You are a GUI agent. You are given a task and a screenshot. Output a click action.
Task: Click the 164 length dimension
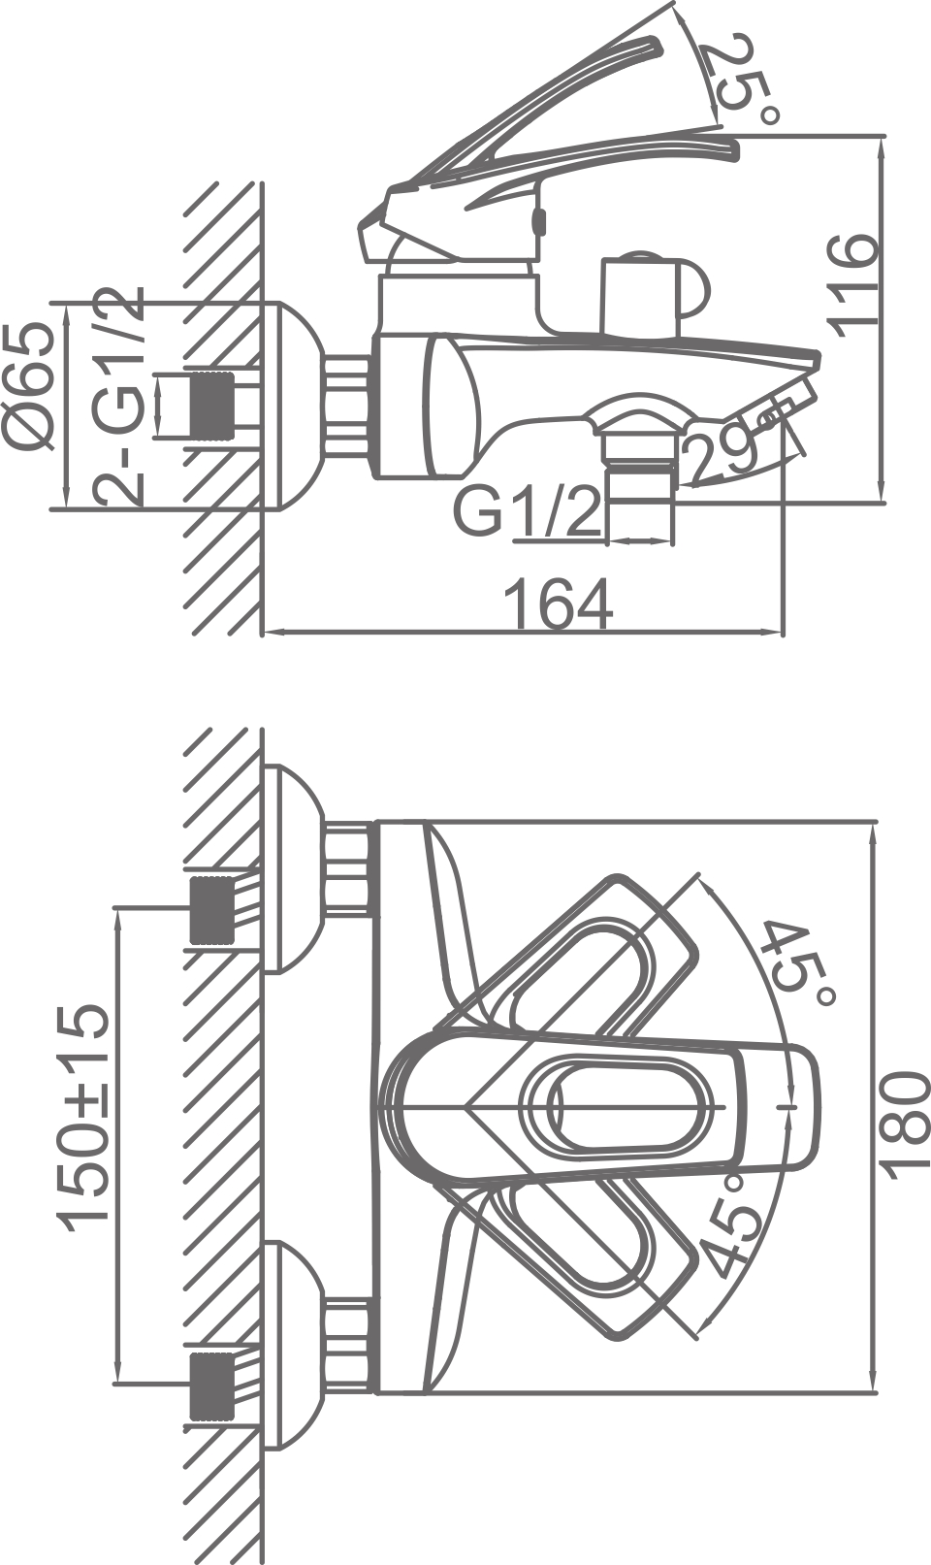(560, 603)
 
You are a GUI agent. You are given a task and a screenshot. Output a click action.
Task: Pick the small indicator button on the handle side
(541, 221)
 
